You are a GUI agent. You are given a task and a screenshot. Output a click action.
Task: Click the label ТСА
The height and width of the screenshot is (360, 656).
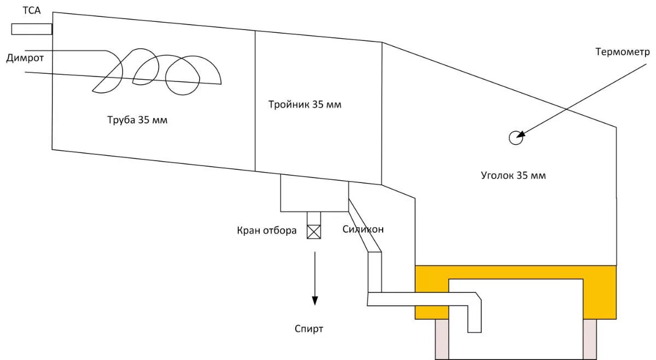[32, 9]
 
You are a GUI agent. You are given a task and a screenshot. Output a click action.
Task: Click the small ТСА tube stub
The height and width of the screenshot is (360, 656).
[32, 29]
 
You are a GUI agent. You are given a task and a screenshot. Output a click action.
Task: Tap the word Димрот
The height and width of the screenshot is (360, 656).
[25, 58]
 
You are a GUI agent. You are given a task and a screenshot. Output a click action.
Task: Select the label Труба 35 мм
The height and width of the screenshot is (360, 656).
[137, 120]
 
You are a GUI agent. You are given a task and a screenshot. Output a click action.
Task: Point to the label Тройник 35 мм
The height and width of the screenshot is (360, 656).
[305, 104]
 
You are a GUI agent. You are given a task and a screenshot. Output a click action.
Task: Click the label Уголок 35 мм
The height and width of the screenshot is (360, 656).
[513, 175]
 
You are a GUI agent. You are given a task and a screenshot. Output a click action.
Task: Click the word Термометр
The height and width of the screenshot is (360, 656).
[623, 52]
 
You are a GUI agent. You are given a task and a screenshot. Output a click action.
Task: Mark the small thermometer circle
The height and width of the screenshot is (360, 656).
[515, 138]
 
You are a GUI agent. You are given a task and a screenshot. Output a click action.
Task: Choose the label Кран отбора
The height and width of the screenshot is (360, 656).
[266, 231]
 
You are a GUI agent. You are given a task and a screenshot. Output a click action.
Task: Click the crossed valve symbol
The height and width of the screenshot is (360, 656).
[314, 232]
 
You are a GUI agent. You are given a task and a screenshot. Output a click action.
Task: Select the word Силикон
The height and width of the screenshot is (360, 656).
[363, 229]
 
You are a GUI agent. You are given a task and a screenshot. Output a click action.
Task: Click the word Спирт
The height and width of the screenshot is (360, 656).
[309, 329]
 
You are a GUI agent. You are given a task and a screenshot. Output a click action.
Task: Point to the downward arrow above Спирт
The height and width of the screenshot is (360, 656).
[314, 279]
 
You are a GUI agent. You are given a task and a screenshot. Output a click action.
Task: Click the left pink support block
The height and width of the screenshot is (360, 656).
[442, 339]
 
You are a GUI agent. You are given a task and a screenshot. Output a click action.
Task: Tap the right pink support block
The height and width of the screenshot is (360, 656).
[590, 339]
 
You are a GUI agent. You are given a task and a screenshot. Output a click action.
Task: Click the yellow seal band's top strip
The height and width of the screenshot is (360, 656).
[516, 272]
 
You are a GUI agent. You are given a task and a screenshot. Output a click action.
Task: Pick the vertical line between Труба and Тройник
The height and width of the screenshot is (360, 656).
[255, 101]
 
